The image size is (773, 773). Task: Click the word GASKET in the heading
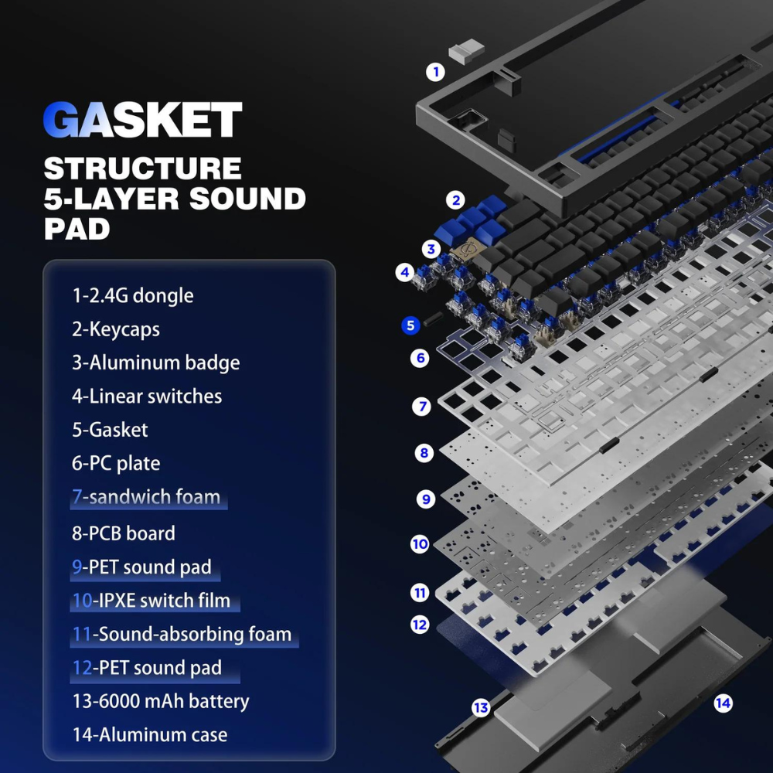(x=142, y=119)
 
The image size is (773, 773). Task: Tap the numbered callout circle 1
(x=435, y=72)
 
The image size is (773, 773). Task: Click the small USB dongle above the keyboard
(x=466, y=51)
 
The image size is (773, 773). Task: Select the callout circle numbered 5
(x=410, y=325)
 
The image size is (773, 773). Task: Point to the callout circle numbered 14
(x=724, y=703)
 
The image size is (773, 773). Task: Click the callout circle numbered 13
(x=481, y=708)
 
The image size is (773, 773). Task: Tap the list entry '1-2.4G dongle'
(x=133, y=296)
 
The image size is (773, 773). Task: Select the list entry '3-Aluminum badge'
(x=156, y=363)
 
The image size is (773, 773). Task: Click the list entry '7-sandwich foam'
(x=146, y=497)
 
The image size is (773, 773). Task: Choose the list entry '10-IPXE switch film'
(x=152, y=601)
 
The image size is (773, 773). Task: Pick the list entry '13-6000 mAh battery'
(x=161, y=701)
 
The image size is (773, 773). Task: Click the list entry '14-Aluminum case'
(x=150, y=734)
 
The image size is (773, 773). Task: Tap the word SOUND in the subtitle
(x=247, y=199)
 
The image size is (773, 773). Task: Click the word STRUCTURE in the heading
(x=142, y=169)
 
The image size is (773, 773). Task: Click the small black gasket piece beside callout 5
(x=433, y=317)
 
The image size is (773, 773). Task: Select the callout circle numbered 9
(x=426, y=499)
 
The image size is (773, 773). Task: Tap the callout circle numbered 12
(x=420, y=625)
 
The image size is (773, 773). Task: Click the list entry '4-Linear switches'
(x=147, y=397)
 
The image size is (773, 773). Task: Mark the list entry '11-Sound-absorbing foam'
(x=182, y=634)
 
